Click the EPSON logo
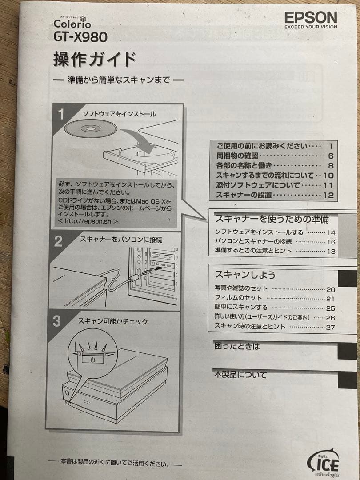point(311,17)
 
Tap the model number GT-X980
point(80,36)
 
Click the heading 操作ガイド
point(94,59)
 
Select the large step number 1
point(62,114)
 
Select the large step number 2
point(58,241)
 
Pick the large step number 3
point(57,321)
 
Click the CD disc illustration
point(90,128)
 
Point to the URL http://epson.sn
point(88,220)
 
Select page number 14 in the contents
point(331,232)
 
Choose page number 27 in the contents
point(330,327)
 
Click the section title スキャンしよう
point(245,275)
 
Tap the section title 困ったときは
point(237,346)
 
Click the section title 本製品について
point(240,375)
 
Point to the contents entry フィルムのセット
point(238,298)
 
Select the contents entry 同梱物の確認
point(237,156)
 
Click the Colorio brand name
point(72,24)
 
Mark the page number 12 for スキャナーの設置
point(329,195)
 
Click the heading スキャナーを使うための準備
point(272,218)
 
